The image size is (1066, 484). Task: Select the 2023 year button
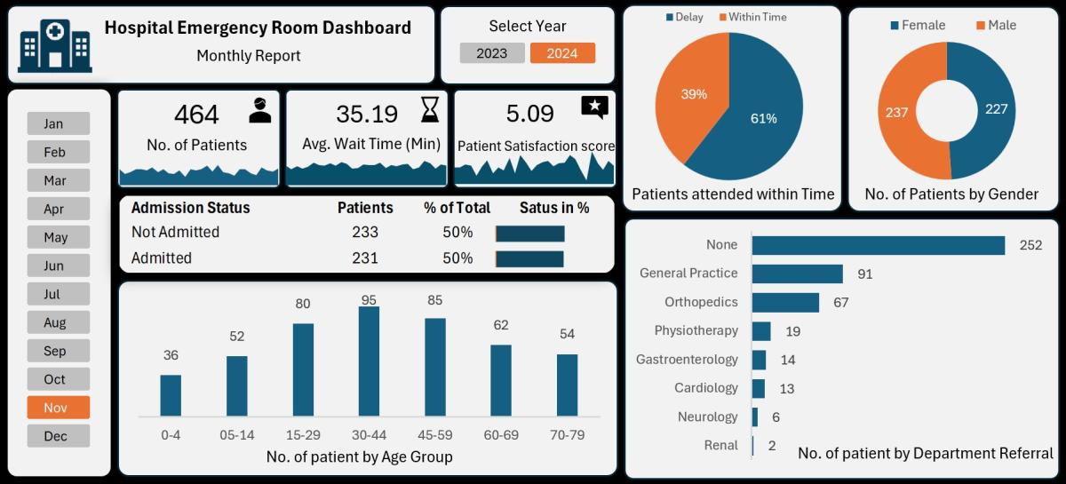[492, 53]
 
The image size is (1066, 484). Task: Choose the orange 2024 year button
[562, 53]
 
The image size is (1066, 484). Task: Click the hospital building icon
[54, 44]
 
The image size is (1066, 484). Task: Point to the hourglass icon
[430, 110]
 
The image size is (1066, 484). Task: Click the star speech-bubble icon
[594, 108]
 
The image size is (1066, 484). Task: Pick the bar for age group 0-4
[171, 395]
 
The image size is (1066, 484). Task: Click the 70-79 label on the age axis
[567, 435]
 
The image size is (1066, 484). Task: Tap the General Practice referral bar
[797, 274]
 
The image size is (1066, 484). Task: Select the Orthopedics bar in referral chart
[785, 303]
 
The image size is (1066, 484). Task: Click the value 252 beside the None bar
[1030, 245]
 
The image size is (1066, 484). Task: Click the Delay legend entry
[685, 17]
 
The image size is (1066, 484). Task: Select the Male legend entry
[996, 25]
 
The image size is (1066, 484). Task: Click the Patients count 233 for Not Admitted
[364, 233]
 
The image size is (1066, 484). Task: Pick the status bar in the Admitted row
[529, 259]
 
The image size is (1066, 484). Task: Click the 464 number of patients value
[196, 115]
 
